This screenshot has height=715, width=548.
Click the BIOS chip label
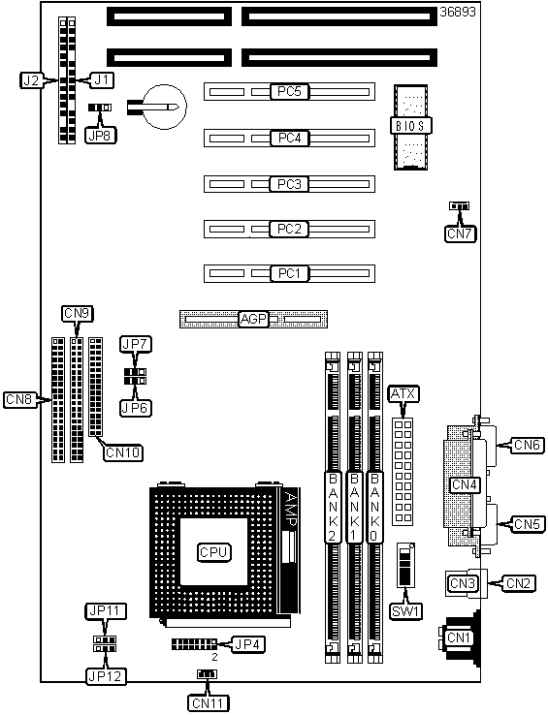411,125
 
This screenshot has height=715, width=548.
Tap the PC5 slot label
290,92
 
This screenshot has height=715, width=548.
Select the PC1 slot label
290,273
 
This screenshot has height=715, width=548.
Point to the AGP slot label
253,319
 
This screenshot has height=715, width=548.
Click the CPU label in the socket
213,552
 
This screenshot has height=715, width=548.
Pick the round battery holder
165,107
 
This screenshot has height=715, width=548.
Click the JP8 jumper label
101,136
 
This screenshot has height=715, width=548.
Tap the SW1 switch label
405,611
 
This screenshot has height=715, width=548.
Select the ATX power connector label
403,394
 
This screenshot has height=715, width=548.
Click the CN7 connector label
460,233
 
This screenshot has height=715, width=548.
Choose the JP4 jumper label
247,644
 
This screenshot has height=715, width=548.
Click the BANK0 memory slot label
374,507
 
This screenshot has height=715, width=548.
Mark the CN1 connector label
460,637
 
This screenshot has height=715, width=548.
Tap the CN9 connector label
77,313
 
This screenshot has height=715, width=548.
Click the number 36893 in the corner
458,12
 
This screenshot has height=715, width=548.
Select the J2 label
31,80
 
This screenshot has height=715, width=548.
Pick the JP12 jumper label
106,676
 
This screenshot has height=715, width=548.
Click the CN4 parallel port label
465,484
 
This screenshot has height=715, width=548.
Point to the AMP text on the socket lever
290,510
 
